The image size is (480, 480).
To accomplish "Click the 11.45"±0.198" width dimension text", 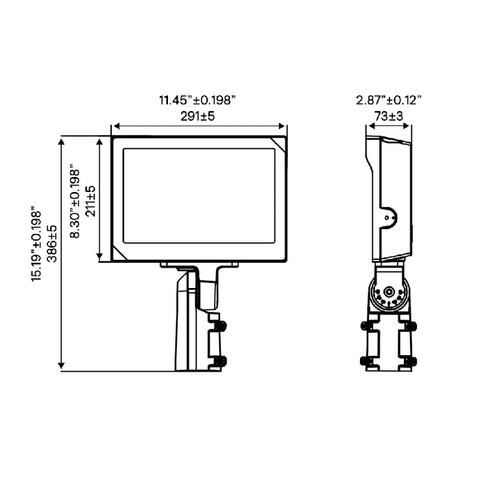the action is tap(197, 100).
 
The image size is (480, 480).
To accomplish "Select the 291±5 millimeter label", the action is tap(197, 117).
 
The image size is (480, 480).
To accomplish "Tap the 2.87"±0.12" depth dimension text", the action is tap(389, 100).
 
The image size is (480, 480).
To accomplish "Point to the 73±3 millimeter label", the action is tap(389, 117).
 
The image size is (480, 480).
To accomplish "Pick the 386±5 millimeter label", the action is tap(52, 243).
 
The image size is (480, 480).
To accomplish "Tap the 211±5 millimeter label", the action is tap(91, 201).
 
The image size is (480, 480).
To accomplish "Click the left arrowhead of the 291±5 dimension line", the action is tap(116, 125).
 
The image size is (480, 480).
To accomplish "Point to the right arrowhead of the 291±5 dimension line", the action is tap(282, 125).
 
